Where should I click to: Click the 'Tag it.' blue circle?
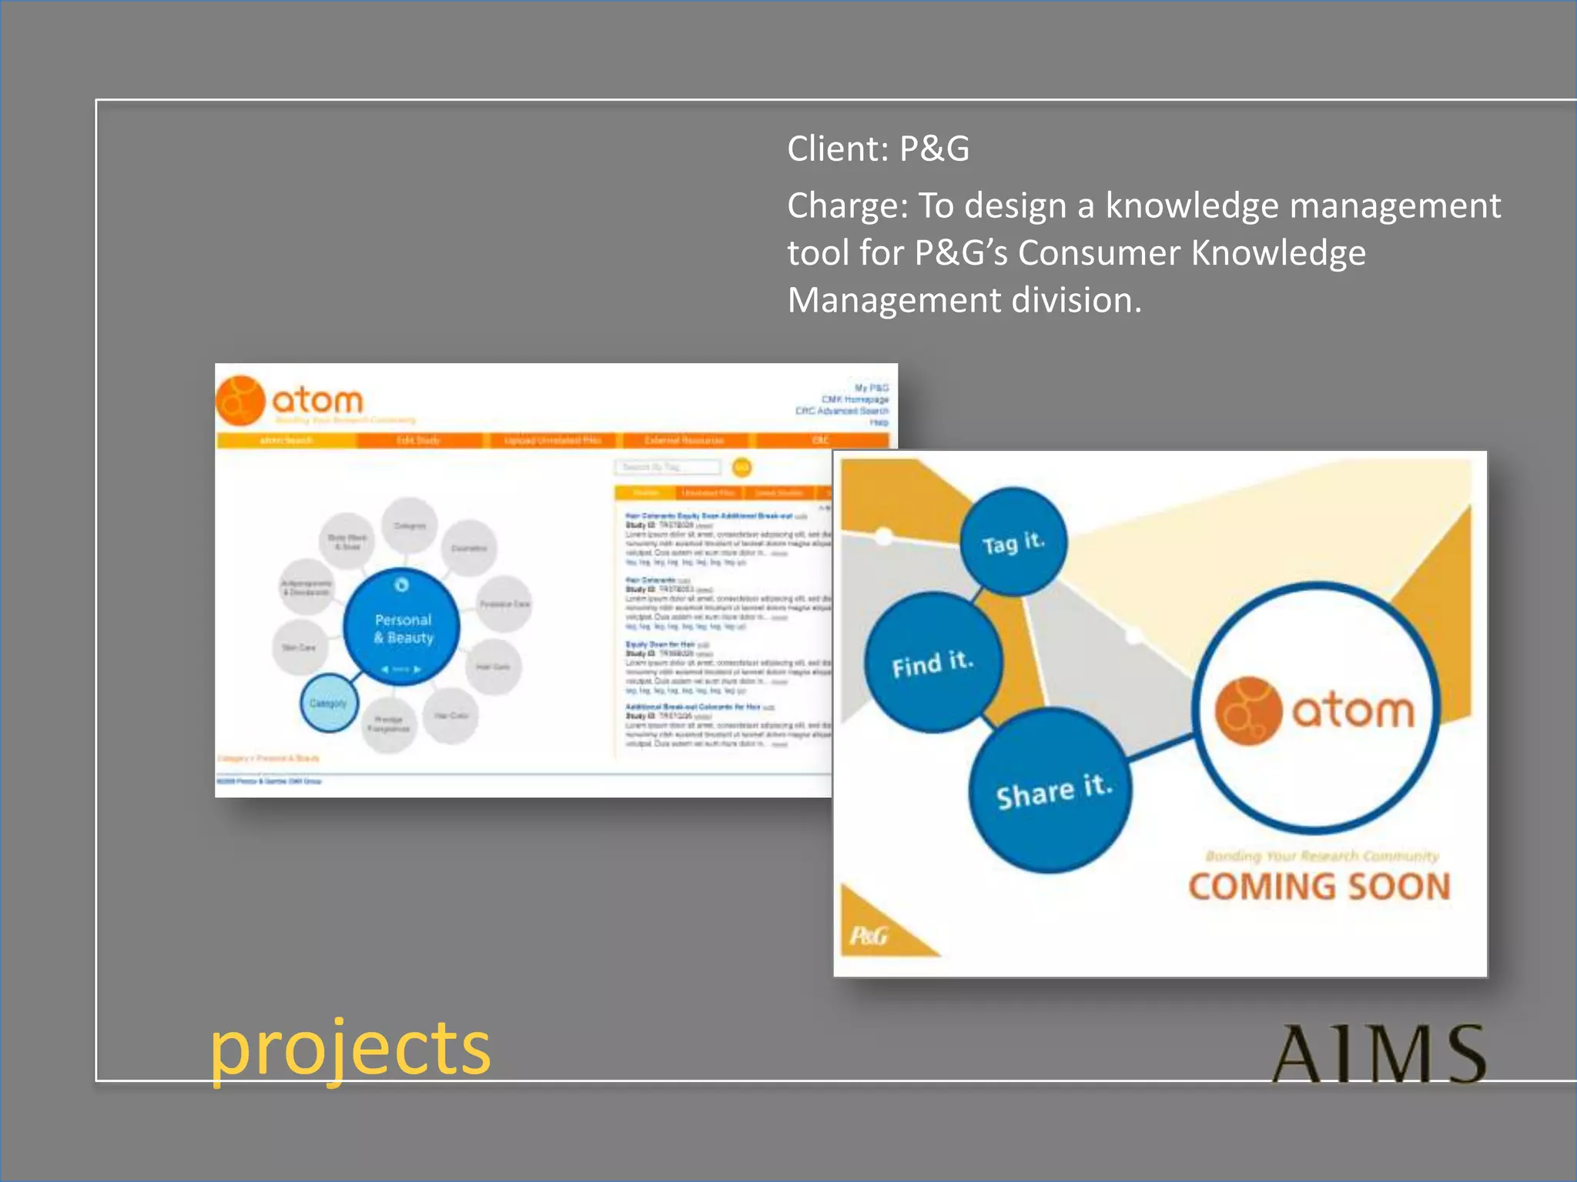(1013, 543)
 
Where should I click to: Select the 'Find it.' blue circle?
(932, 663)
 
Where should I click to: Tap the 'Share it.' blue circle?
(1053, 791)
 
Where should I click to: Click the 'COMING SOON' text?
(1319, 886)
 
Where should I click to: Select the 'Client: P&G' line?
(878, 149)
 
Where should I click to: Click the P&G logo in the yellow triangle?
(869, 936)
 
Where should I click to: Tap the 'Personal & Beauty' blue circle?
(402, 628)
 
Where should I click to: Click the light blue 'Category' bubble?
(328, 703)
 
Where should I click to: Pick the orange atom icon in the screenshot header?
(240, 401)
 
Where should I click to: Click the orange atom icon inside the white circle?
(1247, 710)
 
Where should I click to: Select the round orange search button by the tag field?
(742, 467)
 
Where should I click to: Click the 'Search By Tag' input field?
(667, 467)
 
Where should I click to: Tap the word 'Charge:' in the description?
(848, 206)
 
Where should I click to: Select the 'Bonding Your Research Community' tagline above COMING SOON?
(1321, 856)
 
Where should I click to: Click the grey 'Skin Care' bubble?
(299, 647)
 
